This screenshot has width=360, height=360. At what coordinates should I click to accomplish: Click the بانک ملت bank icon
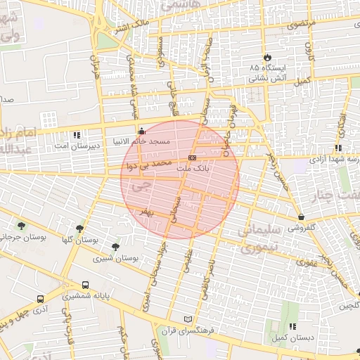point(192,157)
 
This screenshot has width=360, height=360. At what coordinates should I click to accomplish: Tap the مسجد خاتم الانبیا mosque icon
point(142,130)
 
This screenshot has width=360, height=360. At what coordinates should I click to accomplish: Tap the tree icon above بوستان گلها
point(80,228)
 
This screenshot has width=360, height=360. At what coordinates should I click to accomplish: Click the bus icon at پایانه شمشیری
point(85,285)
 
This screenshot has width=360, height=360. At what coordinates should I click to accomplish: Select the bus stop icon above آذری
point(40,299)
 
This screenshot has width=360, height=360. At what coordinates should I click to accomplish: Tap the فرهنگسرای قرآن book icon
point(187,319)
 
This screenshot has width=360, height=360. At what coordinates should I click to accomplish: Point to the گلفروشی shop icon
point(301,217)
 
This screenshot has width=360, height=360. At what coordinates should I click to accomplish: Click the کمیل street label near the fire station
point(303,82)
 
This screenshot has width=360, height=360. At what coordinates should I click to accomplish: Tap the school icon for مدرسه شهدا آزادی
point(338,148)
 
